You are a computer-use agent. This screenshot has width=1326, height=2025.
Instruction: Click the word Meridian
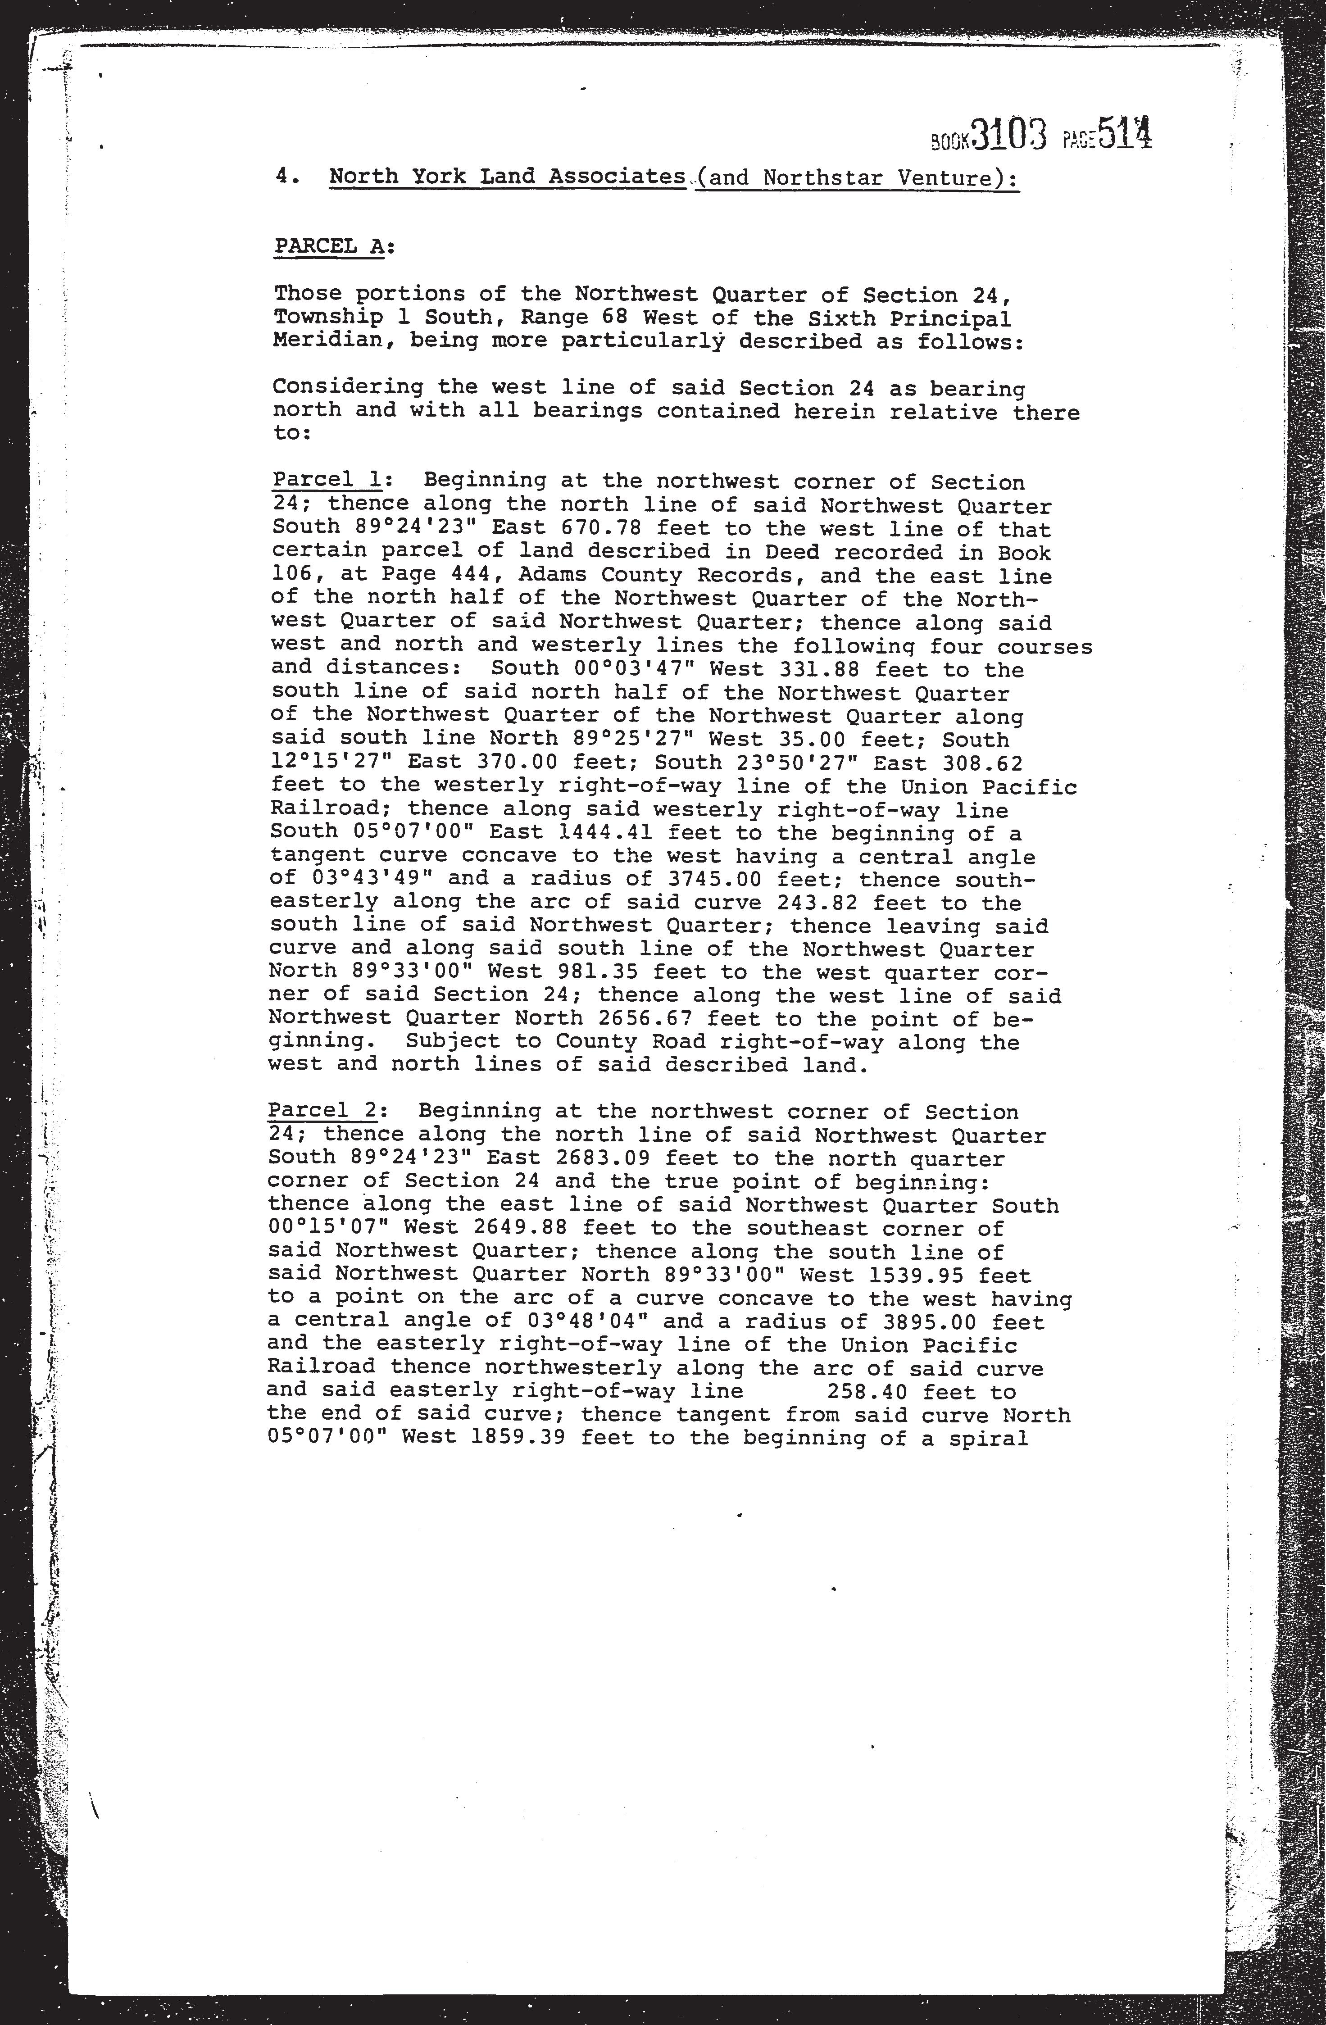coord(327,341)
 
